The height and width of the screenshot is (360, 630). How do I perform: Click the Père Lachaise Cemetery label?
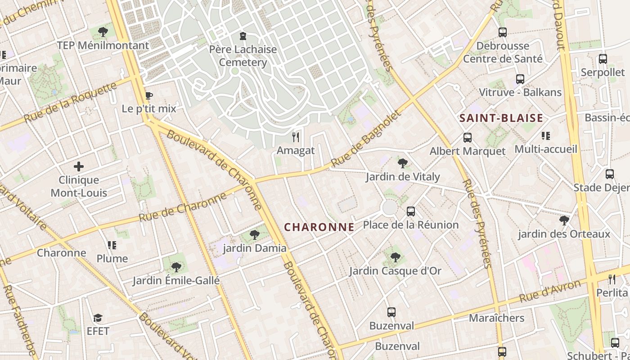(x=243, y=56)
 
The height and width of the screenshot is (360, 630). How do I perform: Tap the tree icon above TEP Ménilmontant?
(x=103, y=32)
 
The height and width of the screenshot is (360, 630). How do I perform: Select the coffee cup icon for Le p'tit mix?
(x=148, y=95)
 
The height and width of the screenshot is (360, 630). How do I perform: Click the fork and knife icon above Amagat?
(x=296, y=137)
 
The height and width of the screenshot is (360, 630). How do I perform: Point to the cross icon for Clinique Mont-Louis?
(x=79, y=166)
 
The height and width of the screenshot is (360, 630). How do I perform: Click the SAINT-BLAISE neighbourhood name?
(x=501, y=118)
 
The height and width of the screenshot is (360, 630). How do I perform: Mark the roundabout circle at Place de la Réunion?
(x=389, y=207)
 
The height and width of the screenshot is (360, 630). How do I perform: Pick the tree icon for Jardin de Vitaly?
(x=403, y=163)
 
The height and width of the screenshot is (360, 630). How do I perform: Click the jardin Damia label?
(x=255, y=248)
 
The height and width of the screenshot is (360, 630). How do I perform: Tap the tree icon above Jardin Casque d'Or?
(x=396, y=257)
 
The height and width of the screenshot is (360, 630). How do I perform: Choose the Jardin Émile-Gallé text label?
(x=176, y=281)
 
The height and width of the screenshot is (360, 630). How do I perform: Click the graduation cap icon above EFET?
(x=98, y=318)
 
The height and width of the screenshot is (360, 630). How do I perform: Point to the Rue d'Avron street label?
(x=550, y=291)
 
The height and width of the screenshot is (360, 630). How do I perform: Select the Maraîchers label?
(x=496, y=318)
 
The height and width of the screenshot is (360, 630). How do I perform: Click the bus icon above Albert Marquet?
(x=468, y=138)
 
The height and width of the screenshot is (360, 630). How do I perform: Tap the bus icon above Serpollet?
(x=603, y=59)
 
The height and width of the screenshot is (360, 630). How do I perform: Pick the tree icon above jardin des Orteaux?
(x=564, y=220)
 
